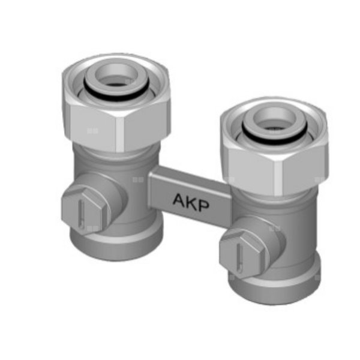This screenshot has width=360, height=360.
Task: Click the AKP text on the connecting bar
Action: [191, 202]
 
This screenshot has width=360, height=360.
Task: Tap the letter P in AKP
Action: [204, 206]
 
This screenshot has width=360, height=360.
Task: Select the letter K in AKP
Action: [192, 203]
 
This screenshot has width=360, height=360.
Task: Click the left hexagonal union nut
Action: [116, 103]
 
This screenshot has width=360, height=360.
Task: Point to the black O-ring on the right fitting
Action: [275, 136]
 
